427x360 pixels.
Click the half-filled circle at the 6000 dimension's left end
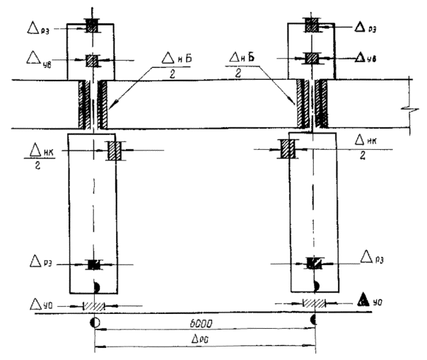94,324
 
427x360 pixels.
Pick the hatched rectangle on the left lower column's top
114,150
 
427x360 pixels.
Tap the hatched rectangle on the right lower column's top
288,150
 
